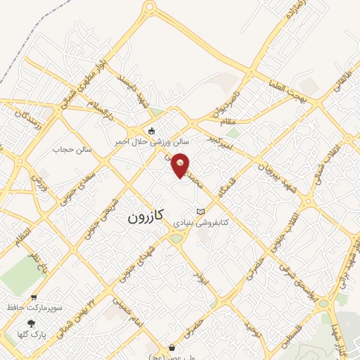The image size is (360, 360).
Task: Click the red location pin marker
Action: pos(181,165)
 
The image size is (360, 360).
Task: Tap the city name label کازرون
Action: pos(146,218)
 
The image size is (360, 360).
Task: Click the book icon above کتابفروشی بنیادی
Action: pos(201,212)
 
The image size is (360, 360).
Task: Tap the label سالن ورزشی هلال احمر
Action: pos(144,141)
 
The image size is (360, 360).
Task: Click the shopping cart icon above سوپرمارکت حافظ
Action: pos(34,297)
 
